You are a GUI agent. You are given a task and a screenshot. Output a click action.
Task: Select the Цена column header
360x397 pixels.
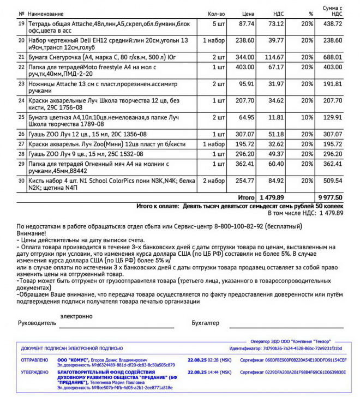(x=248, y=13)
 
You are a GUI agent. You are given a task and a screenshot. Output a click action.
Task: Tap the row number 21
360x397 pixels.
(x=22, y=57)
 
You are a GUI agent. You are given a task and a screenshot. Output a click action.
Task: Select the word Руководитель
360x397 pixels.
(x=37, y=322)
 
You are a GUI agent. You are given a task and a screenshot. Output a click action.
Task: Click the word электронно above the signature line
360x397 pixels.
(x=76, y=316)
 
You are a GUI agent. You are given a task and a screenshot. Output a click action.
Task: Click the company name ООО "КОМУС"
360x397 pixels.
(x=72, y=360)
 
